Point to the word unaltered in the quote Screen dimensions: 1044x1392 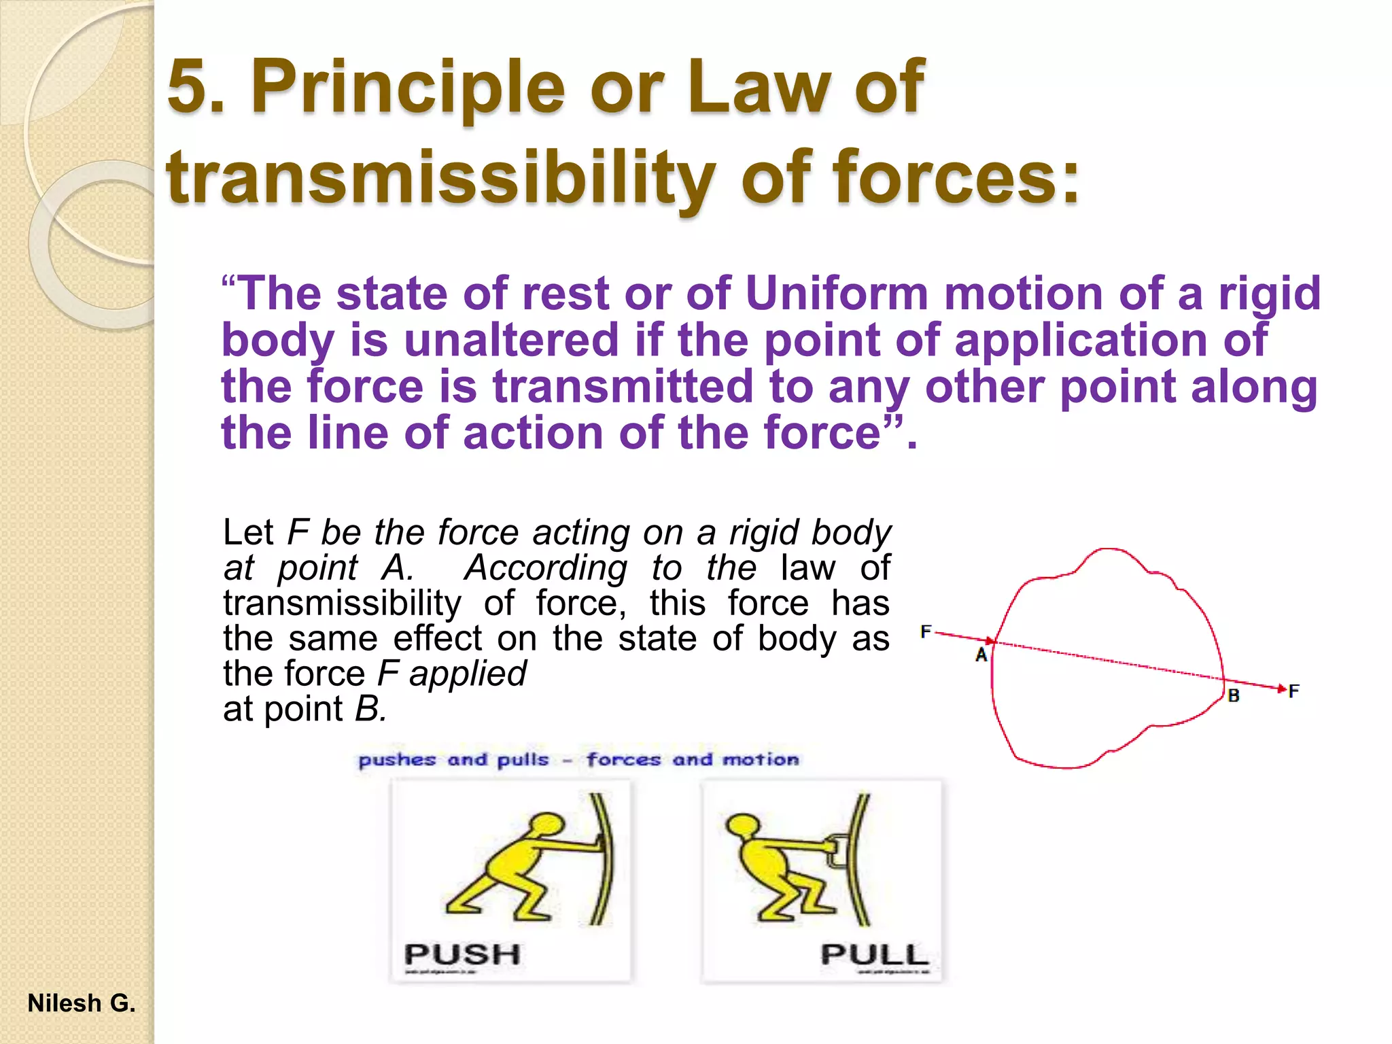pyautogui.click(x=511, y=340)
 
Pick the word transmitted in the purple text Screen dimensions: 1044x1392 pyautogui.click(x=623, y=386)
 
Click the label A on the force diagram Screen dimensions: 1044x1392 pyautogui.click(x=981, y=655)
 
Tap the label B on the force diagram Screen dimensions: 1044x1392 pyautogui.click(x=1234, y=696)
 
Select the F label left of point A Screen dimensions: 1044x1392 pyautogui.click(x=926, y=631)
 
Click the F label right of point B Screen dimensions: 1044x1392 pyautogui.click(x=1293, y=691)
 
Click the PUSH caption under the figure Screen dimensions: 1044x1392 pyautogui.click(x=462, y=954)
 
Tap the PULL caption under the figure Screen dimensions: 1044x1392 pyautogui.click(x=874, y=954)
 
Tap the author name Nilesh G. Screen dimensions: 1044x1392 pyautogui.click(x=82, y=1003)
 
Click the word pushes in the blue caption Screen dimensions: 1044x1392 pyautogui.click(x=397, y=759)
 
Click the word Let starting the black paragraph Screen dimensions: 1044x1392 pyautogui.click(x=248, y=532)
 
